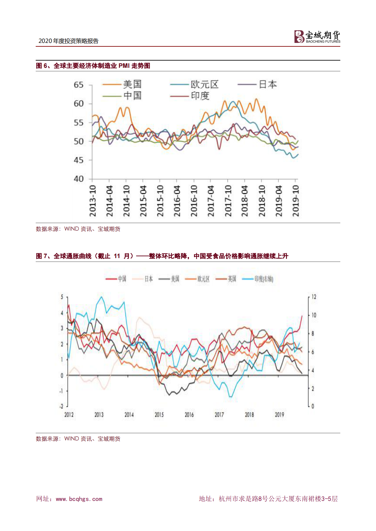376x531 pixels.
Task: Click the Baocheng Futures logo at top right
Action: (x=317, y=37)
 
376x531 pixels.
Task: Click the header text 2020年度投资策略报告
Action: (x=69, y=41)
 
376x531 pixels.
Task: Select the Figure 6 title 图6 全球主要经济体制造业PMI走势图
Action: (x=93, y=66)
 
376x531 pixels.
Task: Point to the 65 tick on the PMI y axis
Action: (x=79, y=85)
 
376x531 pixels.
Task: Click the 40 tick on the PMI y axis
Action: (x=79, y=179)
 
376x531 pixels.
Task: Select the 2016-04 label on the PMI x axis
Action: (x=177, y=201)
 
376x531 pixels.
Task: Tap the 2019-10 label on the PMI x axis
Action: (x=295, y=201)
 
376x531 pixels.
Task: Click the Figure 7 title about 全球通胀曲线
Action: (x=162, y=256)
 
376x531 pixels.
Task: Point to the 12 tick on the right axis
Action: (x=313, y=297)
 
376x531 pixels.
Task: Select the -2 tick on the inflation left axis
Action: (x=61, y=406)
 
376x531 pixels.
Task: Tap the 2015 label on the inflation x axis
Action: (x=159, y=415)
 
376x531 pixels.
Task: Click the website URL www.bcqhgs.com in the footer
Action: (x=79, y=499)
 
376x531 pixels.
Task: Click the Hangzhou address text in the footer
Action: (x=268, y=499)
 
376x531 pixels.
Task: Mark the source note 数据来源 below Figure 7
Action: (x=78, y=439)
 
